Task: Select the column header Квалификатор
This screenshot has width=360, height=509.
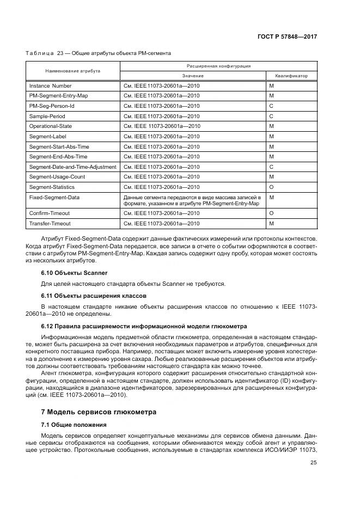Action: [291, 76]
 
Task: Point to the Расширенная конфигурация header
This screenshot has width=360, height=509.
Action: [218, 65]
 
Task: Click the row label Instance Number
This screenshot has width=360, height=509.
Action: [50, 86]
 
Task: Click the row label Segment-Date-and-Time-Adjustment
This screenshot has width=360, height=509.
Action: [72, 167]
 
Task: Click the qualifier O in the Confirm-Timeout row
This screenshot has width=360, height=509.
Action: [271, 213]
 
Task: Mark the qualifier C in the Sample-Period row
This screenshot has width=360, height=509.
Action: [271, 116]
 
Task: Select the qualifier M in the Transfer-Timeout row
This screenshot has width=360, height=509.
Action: [271, 224]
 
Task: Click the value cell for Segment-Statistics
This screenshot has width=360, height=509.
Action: [161, 187]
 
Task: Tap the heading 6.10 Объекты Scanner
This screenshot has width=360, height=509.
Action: [75, 273]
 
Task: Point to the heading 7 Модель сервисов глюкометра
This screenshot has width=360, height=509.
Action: [99, 412]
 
